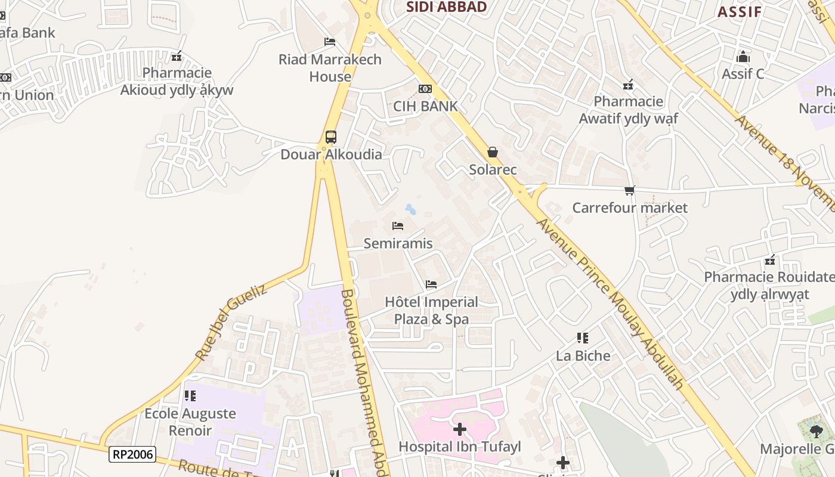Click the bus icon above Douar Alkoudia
coord(331,137)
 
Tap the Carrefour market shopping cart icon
coord(630,190)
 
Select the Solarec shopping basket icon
coord(493,152)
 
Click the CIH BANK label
coord(425,106)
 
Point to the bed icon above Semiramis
coord(398,226)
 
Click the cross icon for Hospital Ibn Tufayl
coord(459,429)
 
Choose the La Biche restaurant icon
coord(583,338)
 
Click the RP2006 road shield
coord(132,454)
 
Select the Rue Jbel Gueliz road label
coord(230,323)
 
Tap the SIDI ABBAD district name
coord(447,7)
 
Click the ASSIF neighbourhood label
coord(740,12)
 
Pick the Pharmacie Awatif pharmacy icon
coord(628,85)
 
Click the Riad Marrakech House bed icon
coord(330,42)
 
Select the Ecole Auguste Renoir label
coord(190,422)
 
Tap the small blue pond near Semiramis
coord(410,209)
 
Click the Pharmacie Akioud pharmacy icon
coord(177,57)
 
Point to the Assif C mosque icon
coord(743,57)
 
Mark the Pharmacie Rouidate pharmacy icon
coord(770,260)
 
